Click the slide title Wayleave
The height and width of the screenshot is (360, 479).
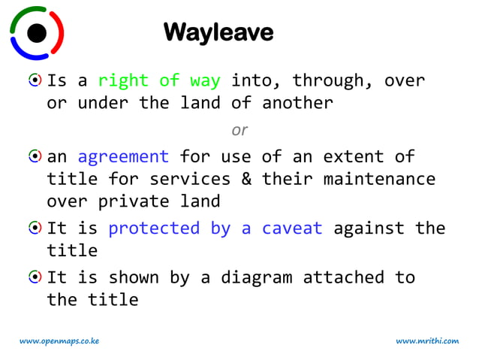[218, 32]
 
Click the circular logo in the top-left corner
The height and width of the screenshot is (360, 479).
[37, 32]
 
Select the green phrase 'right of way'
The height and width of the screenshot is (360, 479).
[159, 80]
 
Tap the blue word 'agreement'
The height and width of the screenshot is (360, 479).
[123, 157]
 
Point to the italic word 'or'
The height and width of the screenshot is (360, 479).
[239, 130]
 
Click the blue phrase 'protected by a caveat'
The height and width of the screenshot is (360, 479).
[215, 228]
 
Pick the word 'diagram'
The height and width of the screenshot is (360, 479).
[256, 278]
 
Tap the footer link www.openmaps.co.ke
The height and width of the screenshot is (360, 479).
[59, 341]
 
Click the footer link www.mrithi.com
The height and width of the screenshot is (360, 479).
[427, 341]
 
